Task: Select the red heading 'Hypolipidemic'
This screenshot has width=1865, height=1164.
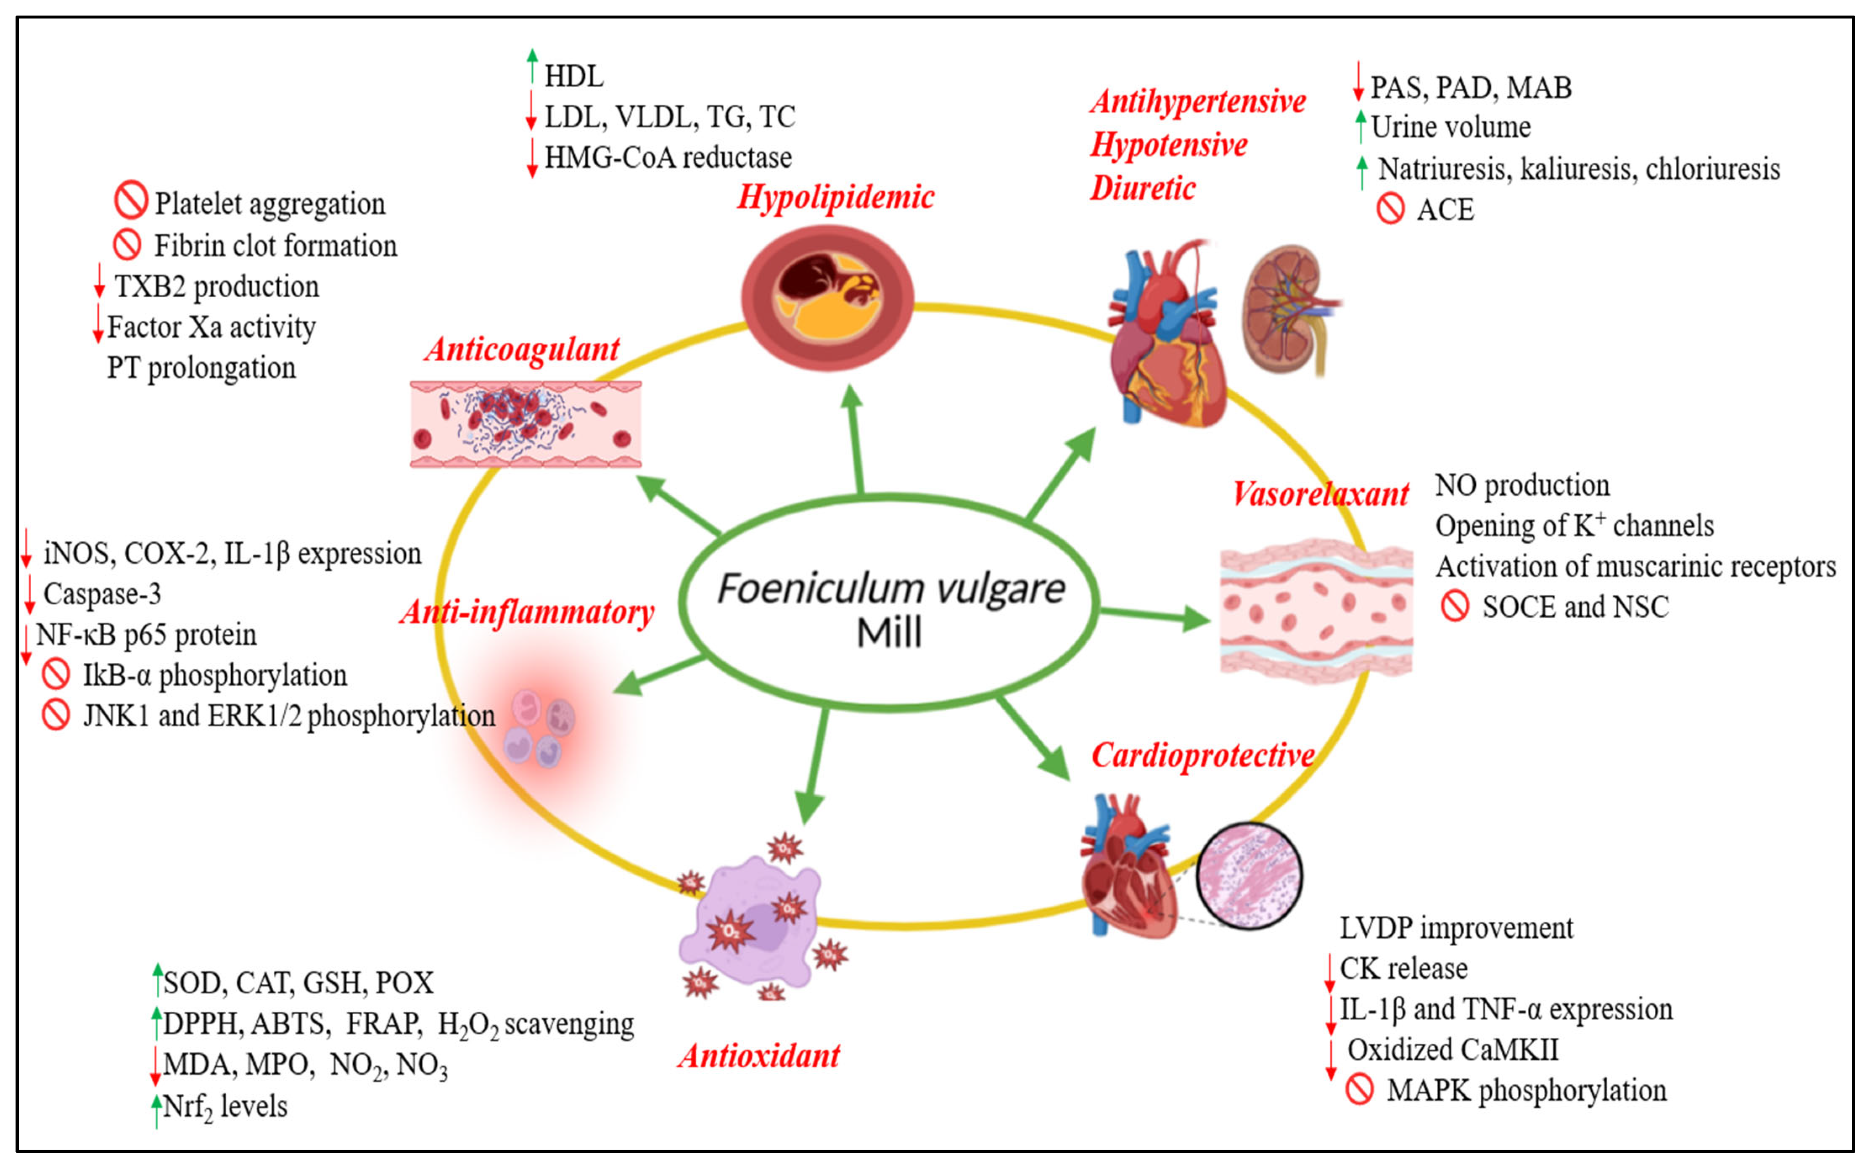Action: tap(836, 198)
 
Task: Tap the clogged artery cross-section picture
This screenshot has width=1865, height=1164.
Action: tap(827, 298)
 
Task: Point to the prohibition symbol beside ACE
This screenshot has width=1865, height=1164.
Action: tap(1390, 209)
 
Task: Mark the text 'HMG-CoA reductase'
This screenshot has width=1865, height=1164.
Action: tap(668, 158)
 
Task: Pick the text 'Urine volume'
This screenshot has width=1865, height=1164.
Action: tap(1451, 127)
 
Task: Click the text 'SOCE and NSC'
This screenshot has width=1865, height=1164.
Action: tap(1576, 607)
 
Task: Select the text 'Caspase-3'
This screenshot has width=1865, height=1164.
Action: tap(102, 594)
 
